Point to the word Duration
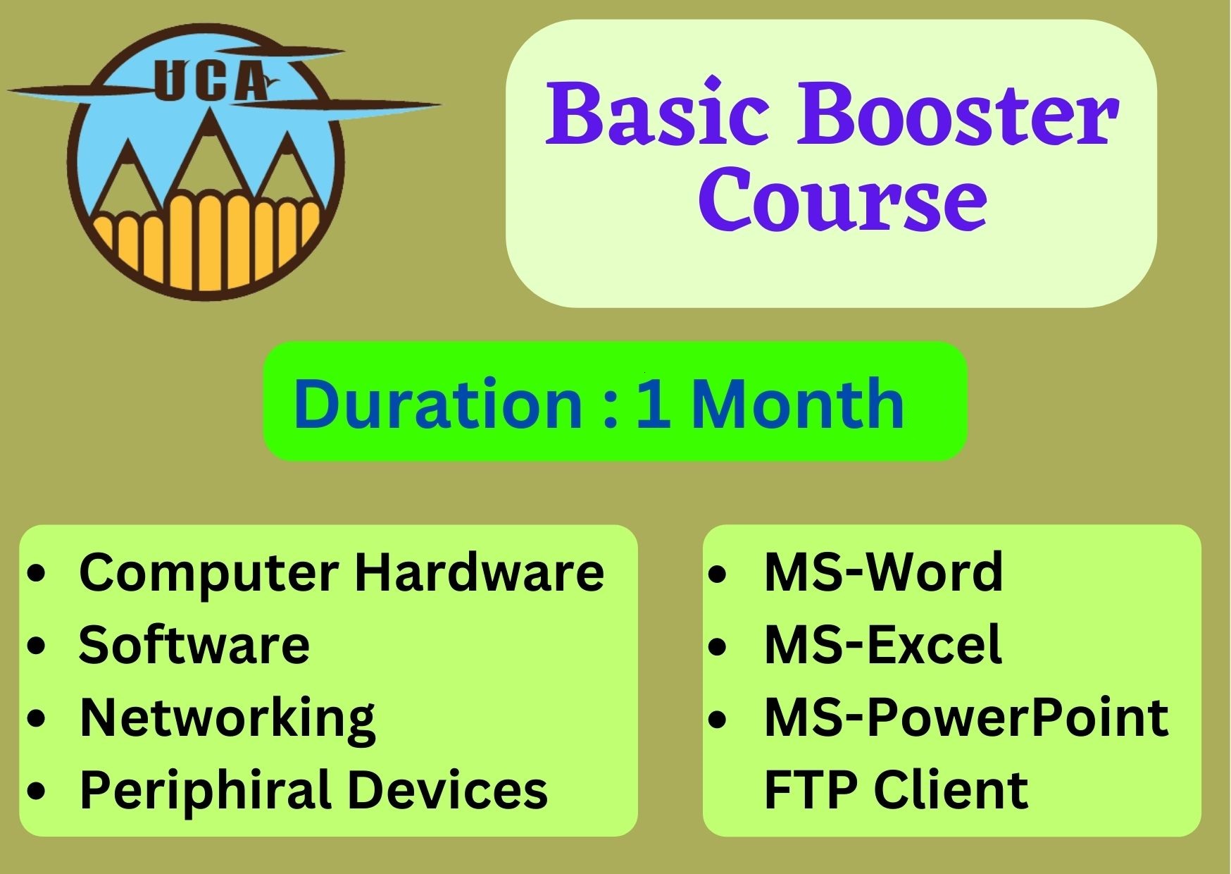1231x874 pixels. tap(437, 403)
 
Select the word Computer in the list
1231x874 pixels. tap(209, 573)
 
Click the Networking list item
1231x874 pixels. tap(227, 718)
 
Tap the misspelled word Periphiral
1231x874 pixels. tap(206, 790)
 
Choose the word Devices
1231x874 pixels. tap(448, 789)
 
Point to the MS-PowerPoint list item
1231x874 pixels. tap(966, 717)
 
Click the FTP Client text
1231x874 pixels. tap(896, 789)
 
